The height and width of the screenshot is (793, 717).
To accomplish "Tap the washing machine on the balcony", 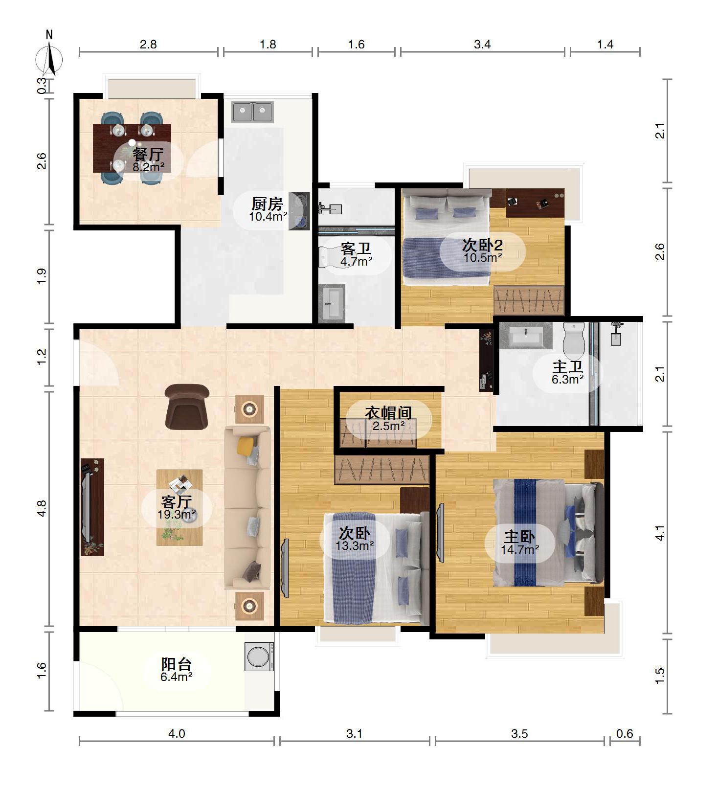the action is click(259, 656).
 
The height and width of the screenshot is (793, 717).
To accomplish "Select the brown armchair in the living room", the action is click(187, 407).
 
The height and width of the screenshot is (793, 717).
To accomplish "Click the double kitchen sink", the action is click(252, 112).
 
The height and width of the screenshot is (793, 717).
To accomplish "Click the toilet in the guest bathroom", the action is click(330, 256).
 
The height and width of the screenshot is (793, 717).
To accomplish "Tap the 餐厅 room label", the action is click(148, 155).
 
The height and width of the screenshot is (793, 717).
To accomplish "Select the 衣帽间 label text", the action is click(388, 413).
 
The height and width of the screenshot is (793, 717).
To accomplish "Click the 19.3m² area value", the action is click(177, 514).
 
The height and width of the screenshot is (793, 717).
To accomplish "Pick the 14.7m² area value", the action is click(519, 549).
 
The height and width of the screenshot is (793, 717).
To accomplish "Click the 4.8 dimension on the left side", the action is click(42, 508).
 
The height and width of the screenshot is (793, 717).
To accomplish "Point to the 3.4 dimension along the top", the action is click(482, 45).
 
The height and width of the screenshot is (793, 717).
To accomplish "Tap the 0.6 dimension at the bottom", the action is click(625, 733).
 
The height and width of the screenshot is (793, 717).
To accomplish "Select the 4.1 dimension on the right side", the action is click(660, 533).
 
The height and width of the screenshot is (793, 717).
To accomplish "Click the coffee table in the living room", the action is click(179, 507).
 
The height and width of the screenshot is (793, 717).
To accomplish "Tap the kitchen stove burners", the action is click(299, 211).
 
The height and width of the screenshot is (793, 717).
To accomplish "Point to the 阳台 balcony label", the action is click(177, 664).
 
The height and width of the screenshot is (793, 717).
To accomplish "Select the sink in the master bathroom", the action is click(526, 336).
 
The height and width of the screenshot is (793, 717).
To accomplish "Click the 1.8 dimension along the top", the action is click(268, 45).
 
